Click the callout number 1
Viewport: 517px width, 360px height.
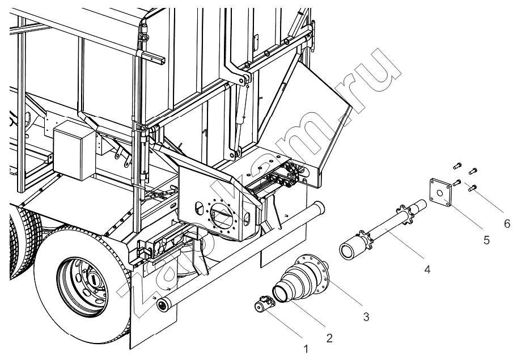tap(306, 349)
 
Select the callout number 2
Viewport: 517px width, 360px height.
tap(329, 338)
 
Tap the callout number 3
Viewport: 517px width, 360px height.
tap(366, 317)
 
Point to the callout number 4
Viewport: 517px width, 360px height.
tap(427, 270)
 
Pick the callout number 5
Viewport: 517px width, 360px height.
tap(486, 240)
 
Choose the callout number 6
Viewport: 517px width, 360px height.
tap(507, 224)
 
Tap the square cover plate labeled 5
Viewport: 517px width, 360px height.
tap(441, 192)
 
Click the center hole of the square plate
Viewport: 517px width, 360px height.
tap(439, 193)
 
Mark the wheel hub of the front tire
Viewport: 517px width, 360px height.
tap(82, 286)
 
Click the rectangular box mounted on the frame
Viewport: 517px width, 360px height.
tap(74, 150)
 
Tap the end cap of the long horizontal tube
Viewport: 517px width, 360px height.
tap(162, 305)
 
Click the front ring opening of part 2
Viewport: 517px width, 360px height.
tap(282, 294)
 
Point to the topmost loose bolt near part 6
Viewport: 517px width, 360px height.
tap(457, 166)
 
